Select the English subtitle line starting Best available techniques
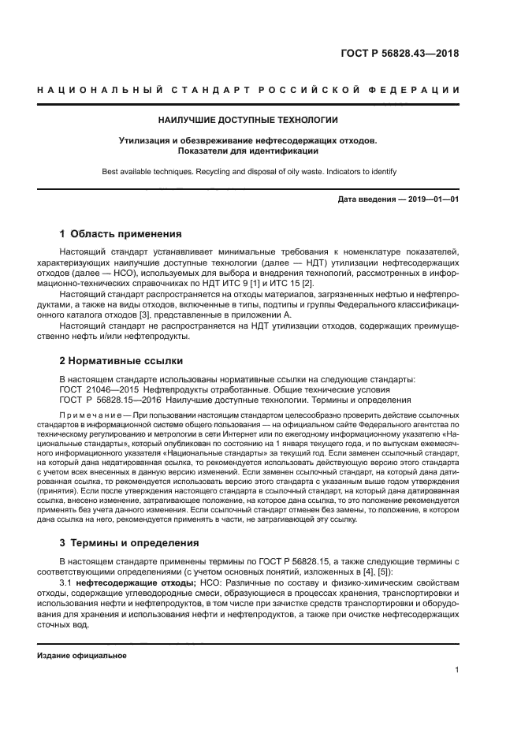(248, 171)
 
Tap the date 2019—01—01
(432, 199)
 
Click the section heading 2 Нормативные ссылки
(121, 361)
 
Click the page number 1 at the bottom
(456, 671)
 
